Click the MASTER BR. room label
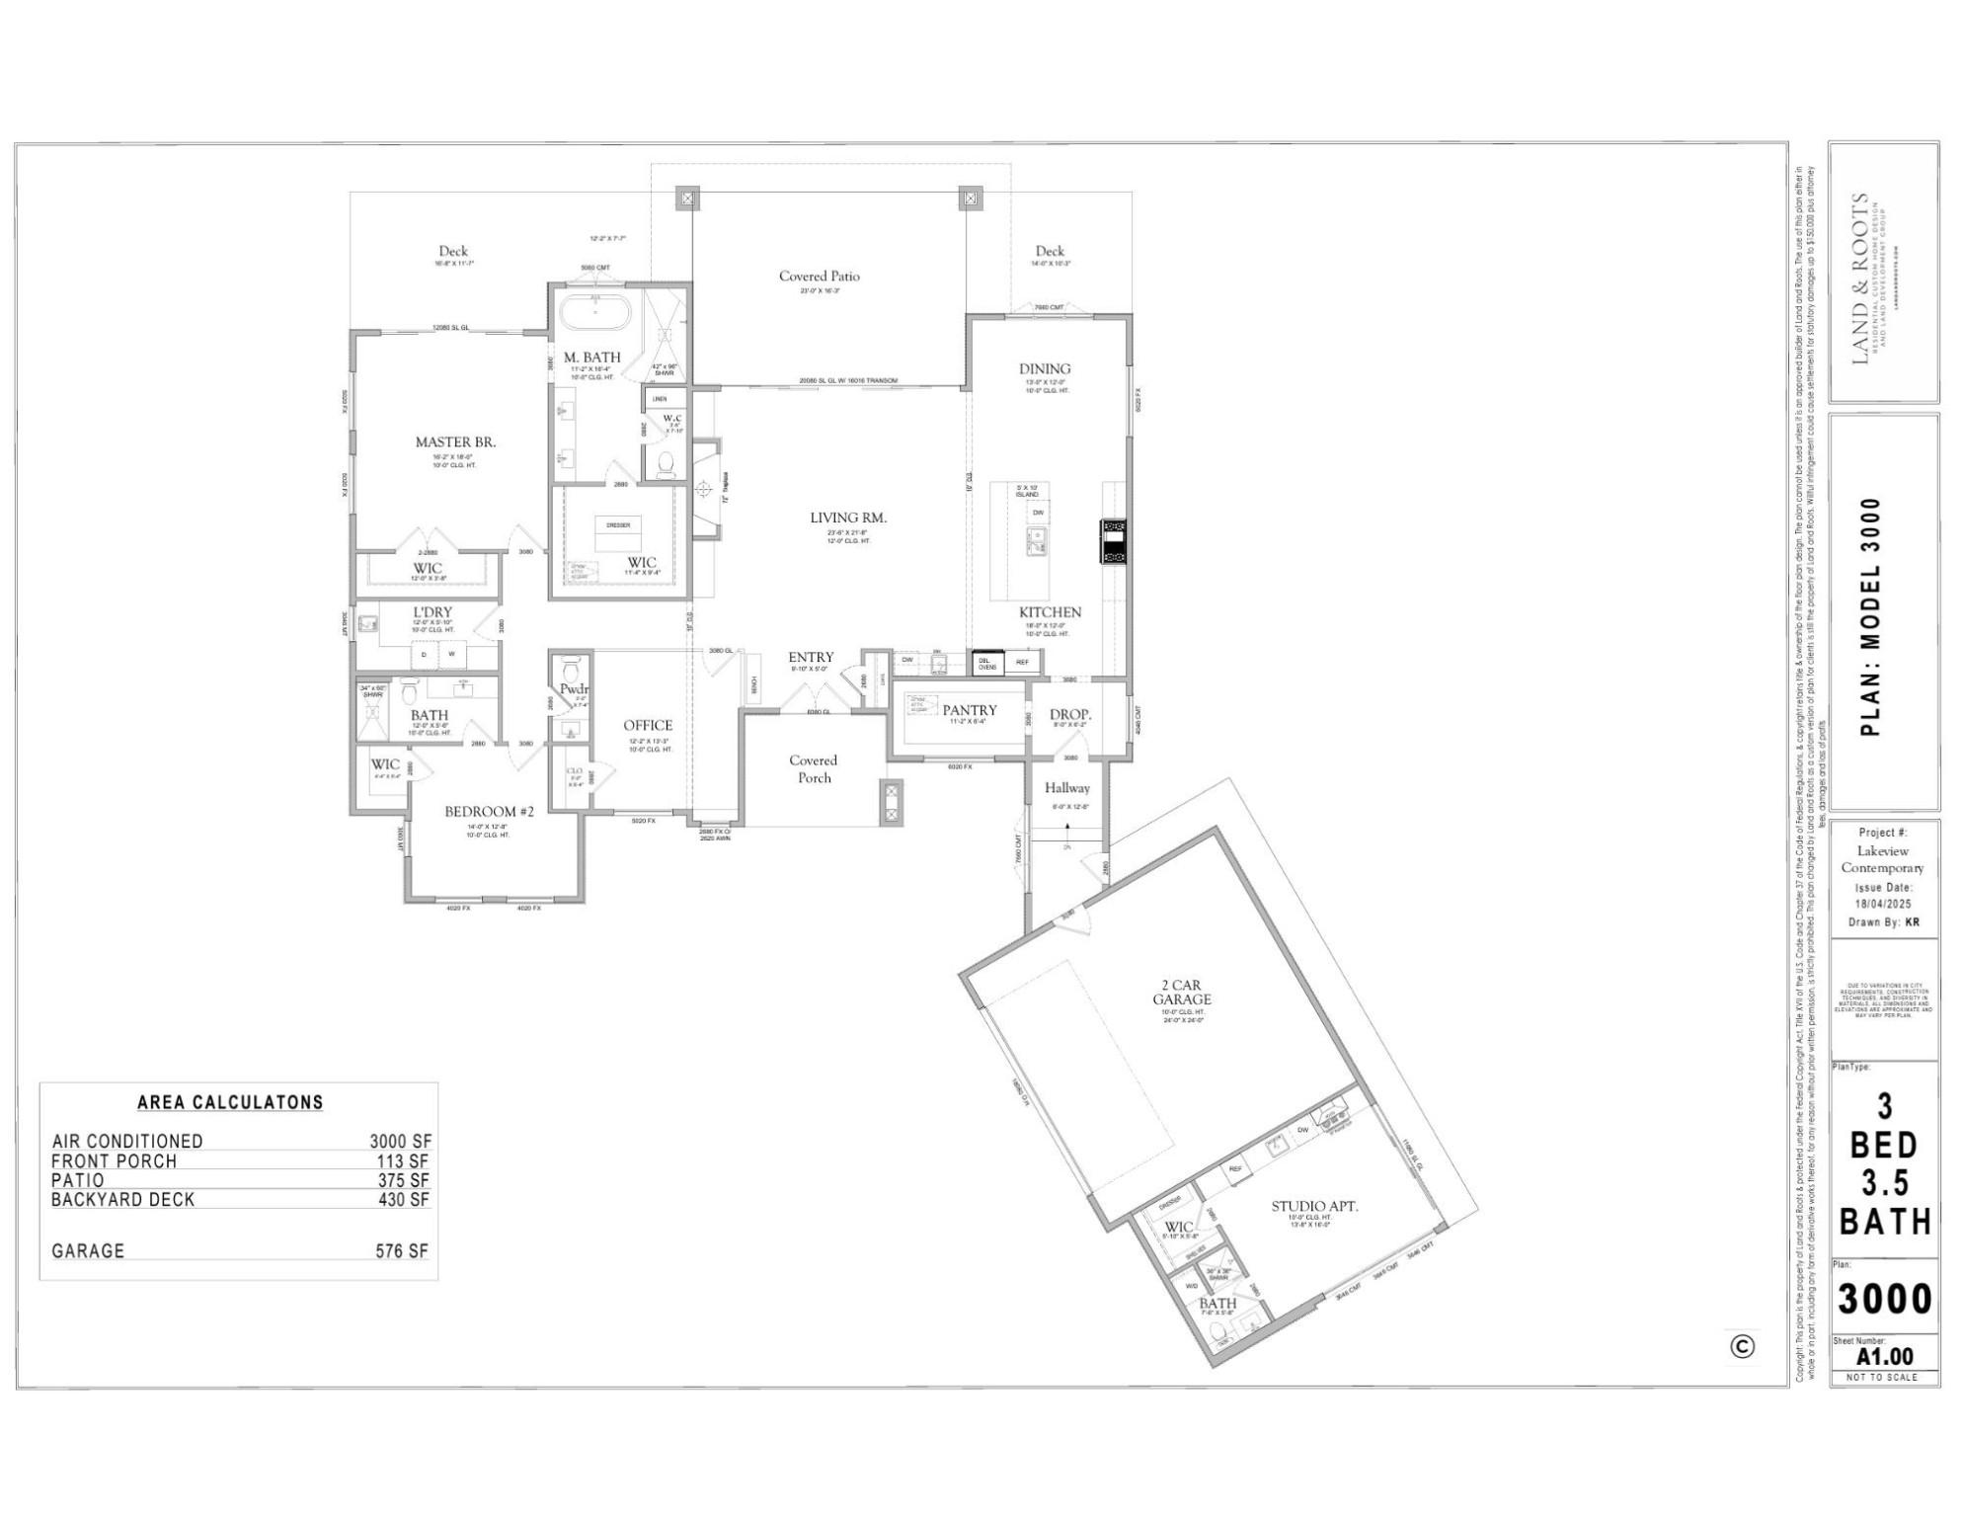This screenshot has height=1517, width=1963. tap(455, 442)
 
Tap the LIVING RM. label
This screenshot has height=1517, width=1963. tap(848, 518)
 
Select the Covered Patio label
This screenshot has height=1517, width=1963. tap(819, 277)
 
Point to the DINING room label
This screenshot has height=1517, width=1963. tap(1045, 369)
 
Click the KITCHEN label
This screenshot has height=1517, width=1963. tap(1050, 612)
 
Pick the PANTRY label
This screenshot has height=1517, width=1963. tap(969, 710)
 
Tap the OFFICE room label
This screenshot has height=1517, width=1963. tap(648, 726)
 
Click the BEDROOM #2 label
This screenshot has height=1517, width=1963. tap(489, 812)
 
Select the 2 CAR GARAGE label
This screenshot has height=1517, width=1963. tap(1181, 993)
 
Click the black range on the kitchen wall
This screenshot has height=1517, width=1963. tap(1113, 541)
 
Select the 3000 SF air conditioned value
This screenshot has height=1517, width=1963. tap(401, 1142)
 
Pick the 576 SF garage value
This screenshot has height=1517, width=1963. tap(402, 1251)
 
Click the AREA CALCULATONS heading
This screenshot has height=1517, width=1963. tap(230, 1102)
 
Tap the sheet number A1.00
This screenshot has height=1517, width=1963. tap(1884, 1357)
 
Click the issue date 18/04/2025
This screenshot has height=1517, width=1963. tap(1883, 904)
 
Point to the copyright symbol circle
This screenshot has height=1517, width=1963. tap(1743, 1347)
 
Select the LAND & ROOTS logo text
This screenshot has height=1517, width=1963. tap(1860, 279)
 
